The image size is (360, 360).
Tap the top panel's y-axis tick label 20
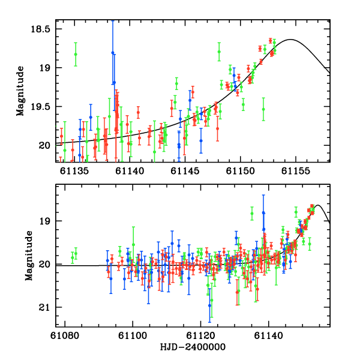tap(43, 145)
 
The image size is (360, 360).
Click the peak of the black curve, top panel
tap(291, 40)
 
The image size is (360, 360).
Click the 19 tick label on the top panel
tap(43, 68)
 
